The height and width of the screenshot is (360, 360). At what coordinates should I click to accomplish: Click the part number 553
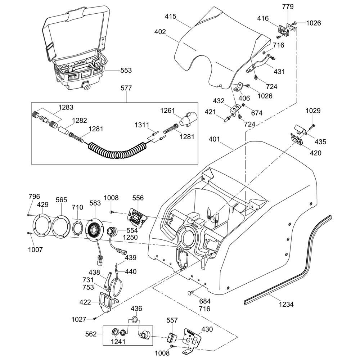point(126,71)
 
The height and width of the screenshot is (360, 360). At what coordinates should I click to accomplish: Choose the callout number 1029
point(313,111)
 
